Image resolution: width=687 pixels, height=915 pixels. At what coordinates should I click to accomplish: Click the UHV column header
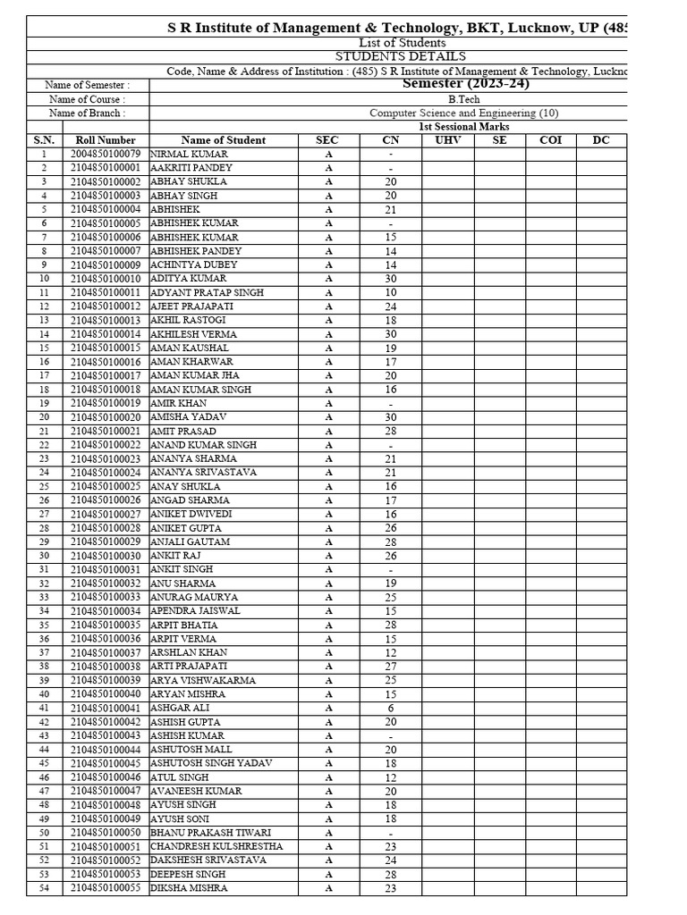448,140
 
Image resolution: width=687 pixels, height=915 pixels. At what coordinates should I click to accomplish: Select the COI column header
550,140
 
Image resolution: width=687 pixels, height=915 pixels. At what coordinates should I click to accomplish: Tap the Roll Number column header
106,140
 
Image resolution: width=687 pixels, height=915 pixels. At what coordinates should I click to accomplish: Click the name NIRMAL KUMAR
189,154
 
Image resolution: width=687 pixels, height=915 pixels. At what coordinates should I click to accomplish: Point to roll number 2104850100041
106,708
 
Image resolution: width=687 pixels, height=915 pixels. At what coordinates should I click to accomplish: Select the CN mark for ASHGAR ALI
391,708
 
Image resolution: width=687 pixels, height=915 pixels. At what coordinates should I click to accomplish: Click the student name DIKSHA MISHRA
189,888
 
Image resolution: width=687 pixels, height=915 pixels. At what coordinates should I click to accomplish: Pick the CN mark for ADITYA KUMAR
391,279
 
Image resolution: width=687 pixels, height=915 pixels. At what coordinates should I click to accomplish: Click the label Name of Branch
87,113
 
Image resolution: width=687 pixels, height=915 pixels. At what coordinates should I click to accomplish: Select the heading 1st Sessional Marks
464,127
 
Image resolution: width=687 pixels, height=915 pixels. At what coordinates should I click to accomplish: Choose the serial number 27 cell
44,515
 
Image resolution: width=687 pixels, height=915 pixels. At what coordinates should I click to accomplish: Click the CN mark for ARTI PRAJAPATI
391,667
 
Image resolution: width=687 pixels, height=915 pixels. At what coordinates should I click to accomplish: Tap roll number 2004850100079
106,154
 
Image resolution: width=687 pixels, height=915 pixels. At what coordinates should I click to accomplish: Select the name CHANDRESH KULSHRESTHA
216,846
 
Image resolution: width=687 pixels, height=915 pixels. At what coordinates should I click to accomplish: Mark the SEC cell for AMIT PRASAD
328,431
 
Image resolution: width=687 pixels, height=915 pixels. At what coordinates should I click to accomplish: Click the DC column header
601,140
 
